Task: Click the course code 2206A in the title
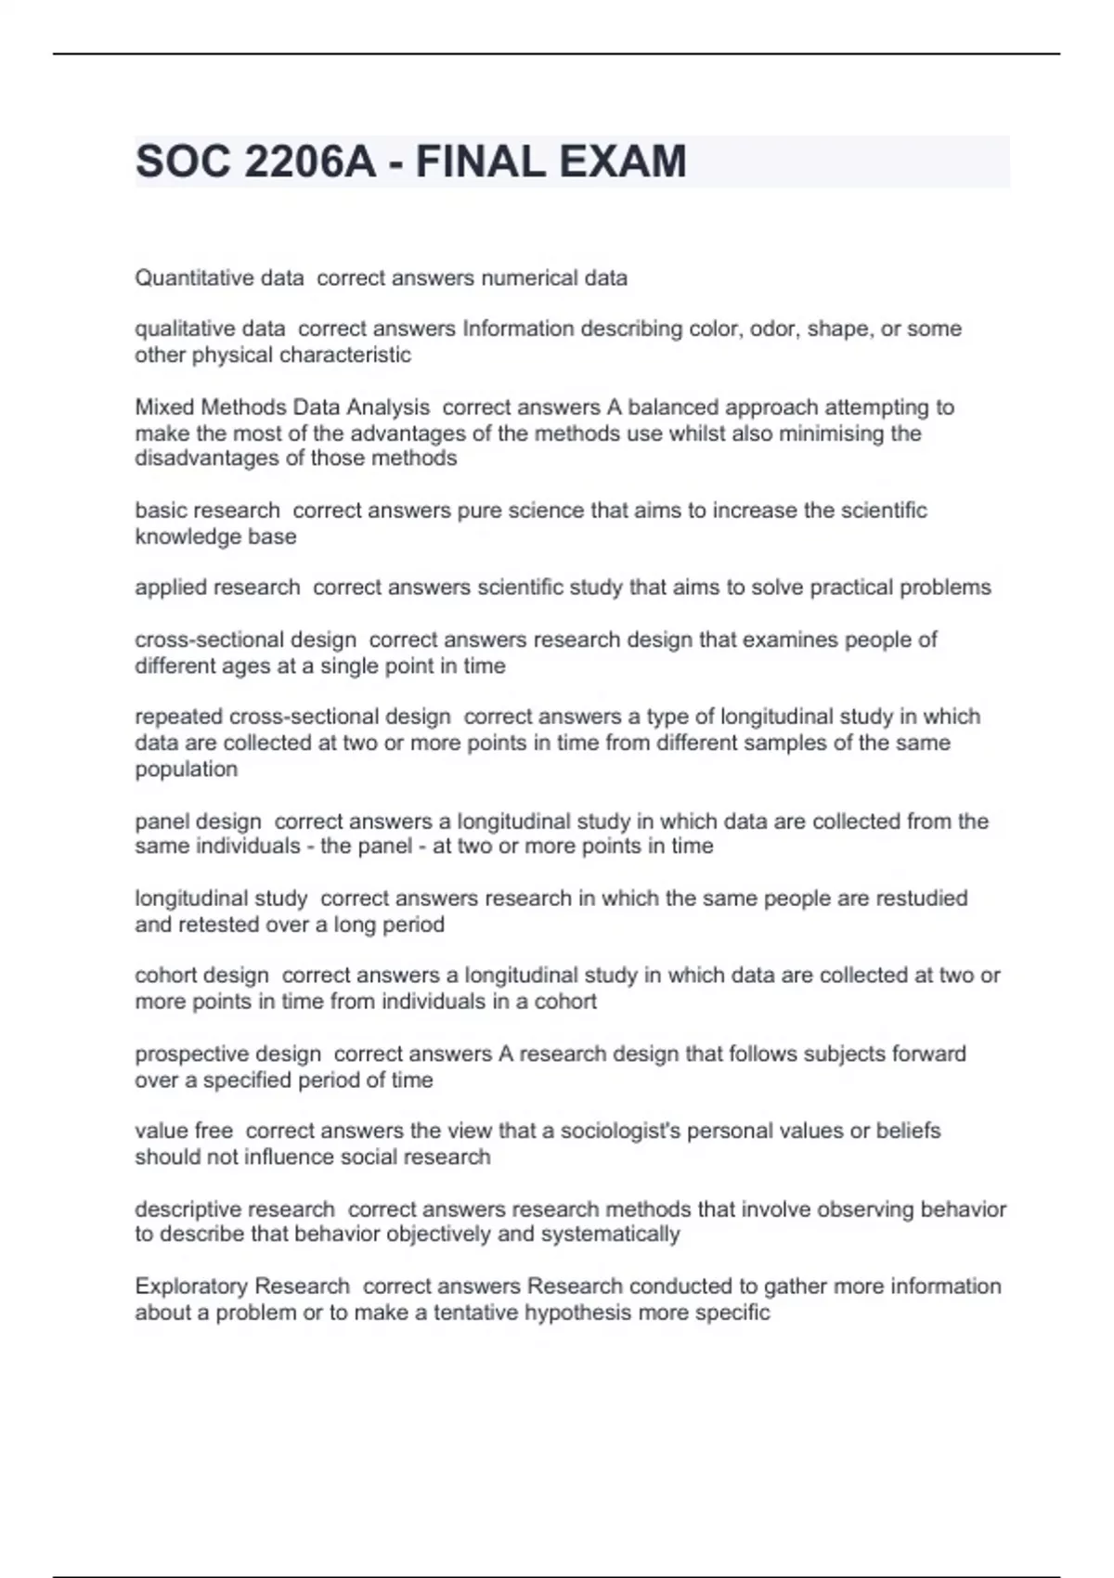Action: (310, 162)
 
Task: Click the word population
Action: (186, 769)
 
